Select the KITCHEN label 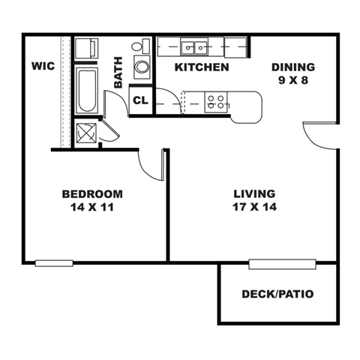click(201, 67)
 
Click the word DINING click(292, 66)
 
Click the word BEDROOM click(92, 194)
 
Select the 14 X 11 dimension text click(92, 207)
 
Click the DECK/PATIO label click(277, 294)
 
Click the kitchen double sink click(200, 47)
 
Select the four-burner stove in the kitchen click(217, 100)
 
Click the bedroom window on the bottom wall click(54, 262)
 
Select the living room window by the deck click(282, 263)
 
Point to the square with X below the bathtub click(86, 134)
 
